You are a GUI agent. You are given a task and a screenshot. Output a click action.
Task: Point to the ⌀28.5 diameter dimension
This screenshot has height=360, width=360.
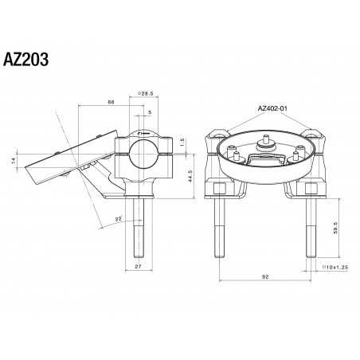click(x=145, y=93)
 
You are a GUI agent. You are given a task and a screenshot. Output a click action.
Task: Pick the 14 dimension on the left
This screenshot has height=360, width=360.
click(x=14, y=160)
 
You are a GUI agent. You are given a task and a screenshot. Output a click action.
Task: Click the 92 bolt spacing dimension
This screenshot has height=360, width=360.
click(x=264, y=277)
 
